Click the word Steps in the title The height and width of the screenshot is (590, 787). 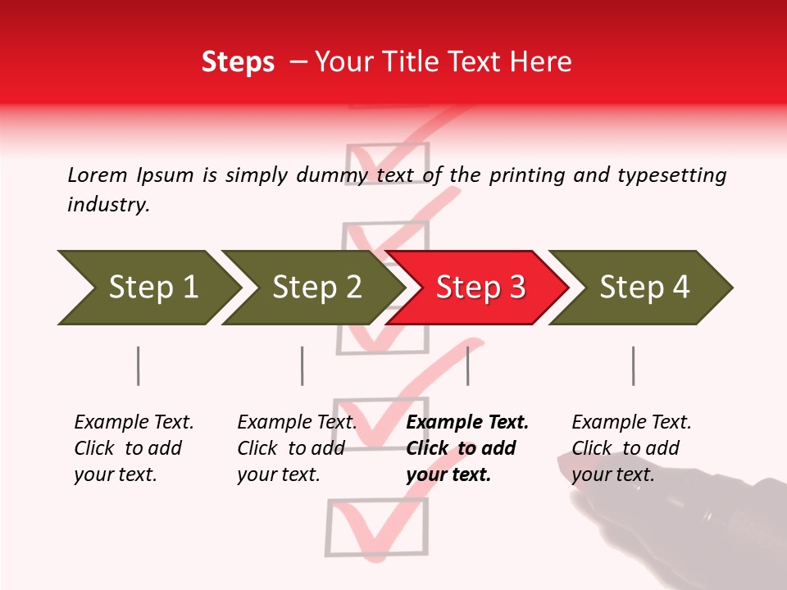[238, 62]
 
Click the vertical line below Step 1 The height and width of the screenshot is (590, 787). [138, 365]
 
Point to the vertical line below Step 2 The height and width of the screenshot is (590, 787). [302, 365]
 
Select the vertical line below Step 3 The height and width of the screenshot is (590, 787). [467, 365]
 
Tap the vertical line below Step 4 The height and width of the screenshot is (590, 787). [633, 365]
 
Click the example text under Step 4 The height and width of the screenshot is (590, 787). [631, 448]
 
